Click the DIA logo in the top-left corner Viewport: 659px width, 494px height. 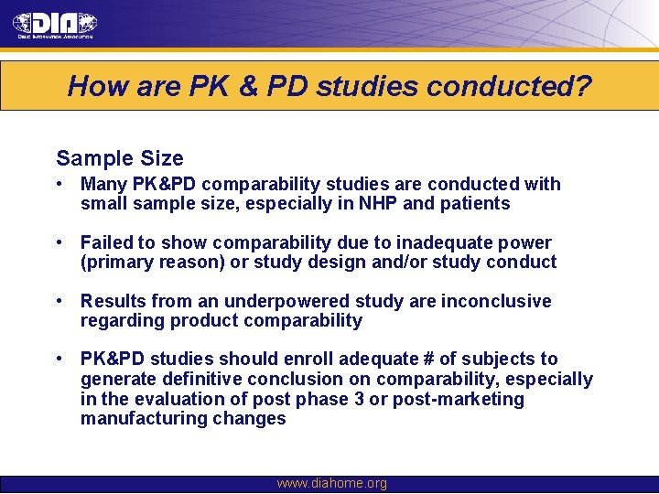[x=54, y=25]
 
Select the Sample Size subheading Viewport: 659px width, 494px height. [x=120, y=158]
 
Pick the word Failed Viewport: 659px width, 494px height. [x=107, y=242]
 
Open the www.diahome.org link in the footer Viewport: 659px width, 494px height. [x=331, y=484]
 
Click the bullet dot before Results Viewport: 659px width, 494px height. [x=58, y=301]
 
